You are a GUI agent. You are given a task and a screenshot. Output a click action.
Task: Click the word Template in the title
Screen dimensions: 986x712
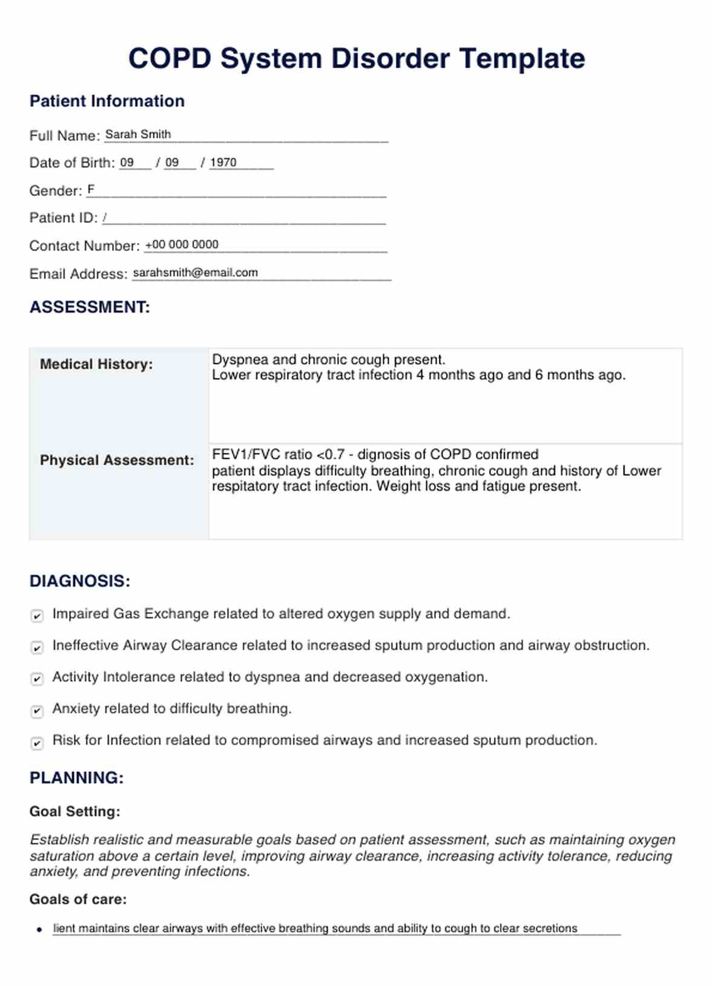522,59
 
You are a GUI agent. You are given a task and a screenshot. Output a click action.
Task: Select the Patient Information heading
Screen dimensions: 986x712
107,101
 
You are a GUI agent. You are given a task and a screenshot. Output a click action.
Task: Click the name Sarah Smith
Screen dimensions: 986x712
138,134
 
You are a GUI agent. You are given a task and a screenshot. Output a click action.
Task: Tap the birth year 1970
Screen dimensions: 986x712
223,162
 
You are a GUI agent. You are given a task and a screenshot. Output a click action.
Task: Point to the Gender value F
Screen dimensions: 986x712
91,189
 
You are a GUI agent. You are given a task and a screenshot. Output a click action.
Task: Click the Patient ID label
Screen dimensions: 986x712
63,218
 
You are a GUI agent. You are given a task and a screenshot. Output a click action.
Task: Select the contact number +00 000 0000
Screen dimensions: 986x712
182,244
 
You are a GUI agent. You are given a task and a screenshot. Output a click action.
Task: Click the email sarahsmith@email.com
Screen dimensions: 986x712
195,272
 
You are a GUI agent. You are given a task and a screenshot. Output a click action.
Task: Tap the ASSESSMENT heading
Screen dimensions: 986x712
90,307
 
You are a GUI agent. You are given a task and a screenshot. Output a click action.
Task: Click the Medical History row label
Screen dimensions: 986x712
96,364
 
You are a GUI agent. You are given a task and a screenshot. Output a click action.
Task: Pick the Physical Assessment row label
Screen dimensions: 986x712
117,460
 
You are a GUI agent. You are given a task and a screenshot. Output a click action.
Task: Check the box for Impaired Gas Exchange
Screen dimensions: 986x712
37,616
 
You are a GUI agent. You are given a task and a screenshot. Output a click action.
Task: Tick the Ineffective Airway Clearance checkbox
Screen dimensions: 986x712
37,647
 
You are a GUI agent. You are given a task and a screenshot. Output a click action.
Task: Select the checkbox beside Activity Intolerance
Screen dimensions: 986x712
37,679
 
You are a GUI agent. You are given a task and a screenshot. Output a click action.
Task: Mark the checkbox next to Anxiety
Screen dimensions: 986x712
37,711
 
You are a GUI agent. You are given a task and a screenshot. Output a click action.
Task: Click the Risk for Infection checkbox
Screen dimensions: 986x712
37,742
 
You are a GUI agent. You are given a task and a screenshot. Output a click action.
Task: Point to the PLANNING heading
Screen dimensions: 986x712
76,778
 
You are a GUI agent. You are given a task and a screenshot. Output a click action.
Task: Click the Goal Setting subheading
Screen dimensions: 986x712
74,812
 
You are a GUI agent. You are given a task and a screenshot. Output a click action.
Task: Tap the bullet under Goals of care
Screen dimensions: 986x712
39,930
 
